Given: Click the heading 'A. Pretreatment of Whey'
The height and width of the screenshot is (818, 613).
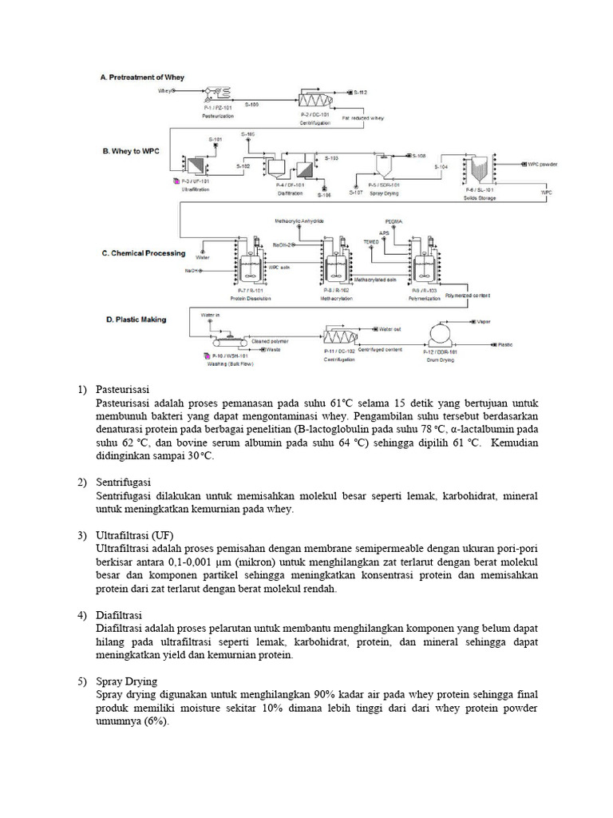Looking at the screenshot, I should [142, 77].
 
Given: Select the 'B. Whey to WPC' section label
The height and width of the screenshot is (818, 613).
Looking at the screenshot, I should [129, 149].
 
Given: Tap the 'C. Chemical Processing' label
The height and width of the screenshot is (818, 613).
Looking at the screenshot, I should [143, 253].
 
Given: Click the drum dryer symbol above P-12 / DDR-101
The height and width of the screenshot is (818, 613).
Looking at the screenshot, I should [440, 333].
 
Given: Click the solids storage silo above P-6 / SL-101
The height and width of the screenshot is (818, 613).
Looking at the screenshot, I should [480, 169].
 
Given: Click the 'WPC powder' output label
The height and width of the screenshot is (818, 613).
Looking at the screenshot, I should [542, 163].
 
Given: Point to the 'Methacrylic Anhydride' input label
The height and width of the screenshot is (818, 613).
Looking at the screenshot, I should [299, 220].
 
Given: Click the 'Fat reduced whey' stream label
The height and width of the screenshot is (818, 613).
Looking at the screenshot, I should [363, 117].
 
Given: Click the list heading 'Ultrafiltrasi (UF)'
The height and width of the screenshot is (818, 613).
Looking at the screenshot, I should [134, 534].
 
